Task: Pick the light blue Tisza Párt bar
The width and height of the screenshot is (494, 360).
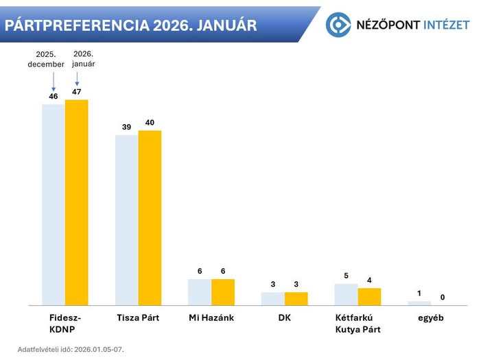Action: click(x=126, y=219)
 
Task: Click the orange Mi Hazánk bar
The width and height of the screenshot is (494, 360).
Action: click(x=223, y=291)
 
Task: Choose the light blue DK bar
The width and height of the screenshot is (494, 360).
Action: click(x=272, y=298)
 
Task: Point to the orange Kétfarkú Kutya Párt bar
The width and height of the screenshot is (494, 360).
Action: click(x=369, y=296)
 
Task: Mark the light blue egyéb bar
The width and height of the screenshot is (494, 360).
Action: click(x=419, y=302)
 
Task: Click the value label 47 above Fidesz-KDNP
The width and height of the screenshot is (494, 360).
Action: click(x=77, y=91)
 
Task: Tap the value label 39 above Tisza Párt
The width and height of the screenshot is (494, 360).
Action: click(x=126, y=127)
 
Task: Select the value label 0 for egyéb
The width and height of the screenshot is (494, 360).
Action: click(x=443, y=297)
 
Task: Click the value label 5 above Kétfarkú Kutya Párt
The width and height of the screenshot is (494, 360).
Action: click(x=346, y=275)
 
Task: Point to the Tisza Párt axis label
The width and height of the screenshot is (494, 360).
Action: click(x=138, y=319)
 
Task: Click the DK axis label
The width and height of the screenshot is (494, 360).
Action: click(x=284, y=319)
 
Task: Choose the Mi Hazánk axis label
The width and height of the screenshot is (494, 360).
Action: click(x=211, y=319)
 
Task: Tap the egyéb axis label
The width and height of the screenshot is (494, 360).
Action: click(x=431, y=319)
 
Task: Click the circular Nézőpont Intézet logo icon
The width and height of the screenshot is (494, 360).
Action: click(x=338, y=25)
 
